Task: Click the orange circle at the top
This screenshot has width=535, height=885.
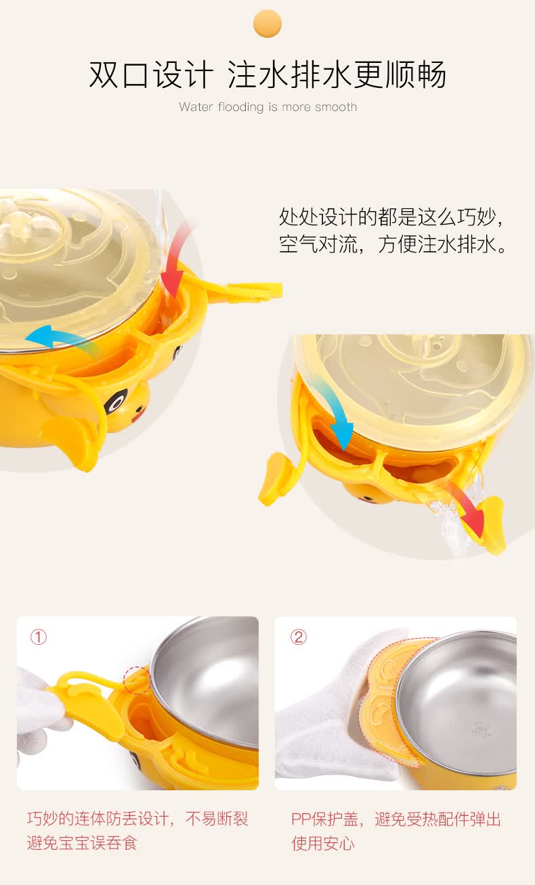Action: pyautogui.click(x=267, y=23)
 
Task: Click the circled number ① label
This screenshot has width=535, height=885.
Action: pyautogui.click(x=39, y=637)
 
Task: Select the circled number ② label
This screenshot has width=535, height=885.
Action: pyautogui.click(x=298, y=637)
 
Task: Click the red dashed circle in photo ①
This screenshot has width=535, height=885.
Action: pyautogui.click(x=136, y=681)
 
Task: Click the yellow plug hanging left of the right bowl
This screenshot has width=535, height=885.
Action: pyautogui.click(x=274, y=479)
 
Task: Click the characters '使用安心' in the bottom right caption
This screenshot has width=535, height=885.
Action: pyautogui.click(x=323, y=844)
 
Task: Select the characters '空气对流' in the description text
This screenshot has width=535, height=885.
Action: pyautogui.click(x=318, y=244)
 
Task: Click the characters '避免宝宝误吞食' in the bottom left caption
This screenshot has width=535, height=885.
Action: pyautogui.click(x=82, y=843)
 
